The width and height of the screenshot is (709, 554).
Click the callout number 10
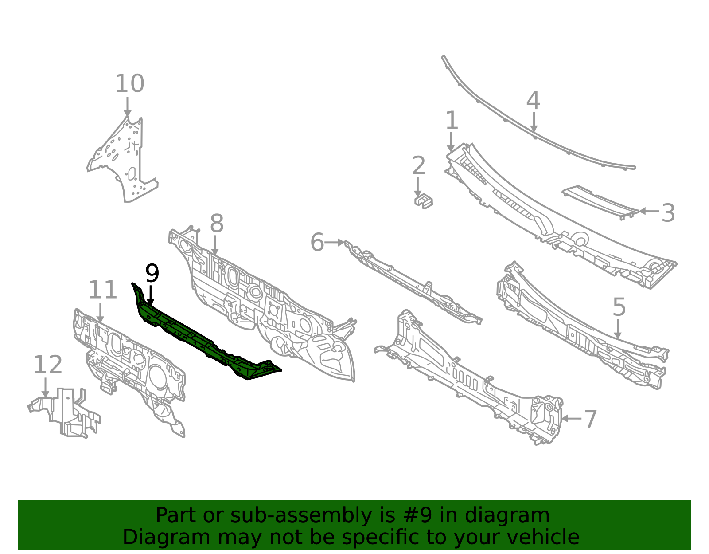(x=129, y=83)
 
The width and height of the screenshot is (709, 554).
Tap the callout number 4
(x=533, y=101)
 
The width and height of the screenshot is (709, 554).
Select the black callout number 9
(x=152, y=273)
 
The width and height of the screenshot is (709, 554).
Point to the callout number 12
(x=48, y=365)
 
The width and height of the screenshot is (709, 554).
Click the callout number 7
(x=590, y=420)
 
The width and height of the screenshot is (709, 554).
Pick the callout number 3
(x=668, y=213)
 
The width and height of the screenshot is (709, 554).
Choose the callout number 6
(x=317, y=243)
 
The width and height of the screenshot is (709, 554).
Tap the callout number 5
(x=619, y=307)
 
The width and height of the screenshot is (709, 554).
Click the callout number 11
(x=102, y=290)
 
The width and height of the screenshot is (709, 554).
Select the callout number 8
(x=217, y=223)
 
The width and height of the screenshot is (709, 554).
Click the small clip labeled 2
(x=423, y=201)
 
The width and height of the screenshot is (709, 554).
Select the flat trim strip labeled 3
(x=600, y=202)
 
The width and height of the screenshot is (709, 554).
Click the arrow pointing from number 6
(x=335, y=243)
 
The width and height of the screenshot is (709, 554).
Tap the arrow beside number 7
(x=571, y=419)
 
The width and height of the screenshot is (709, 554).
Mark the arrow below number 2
(x=417, y=187)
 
